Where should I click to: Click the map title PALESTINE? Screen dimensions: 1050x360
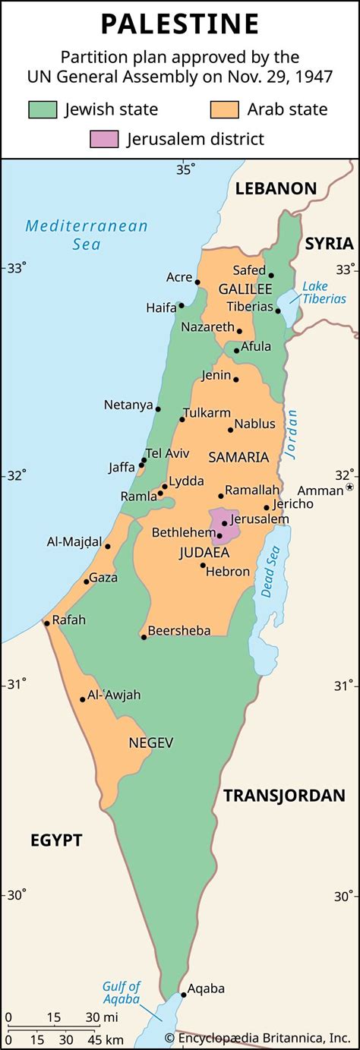click(x=180, y=24)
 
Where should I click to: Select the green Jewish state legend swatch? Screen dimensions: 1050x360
click(x=43, y=109)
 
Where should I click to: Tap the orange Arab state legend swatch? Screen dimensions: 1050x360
click(x=226, y=109)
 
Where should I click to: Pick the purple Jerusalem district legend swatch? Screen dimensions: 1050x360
click(x=104, y=139)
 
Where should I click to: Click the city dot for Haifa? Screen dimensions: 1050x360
click(x=182, y=306)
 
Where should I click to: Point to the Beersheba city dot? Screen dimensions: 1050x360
click(x=144, y=637)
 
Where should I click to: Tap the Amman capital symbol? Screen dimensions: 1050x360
click(x=350, y=487)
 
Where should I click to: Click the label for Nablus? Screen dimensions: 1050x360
click(x=254, y=424)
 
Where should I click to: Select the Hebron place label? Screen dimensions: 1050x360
click(x=229, y=571)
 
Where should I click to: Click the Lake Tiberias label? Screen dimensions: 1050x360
click(x=324, y=292)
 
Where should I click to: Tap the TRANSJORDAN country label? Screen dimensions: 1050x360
click(x=284, y=795)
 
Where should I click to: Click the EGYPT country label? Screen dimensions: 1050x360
click(x=56, y=840)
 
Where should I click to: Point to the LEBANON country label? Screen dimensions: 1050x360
click(x=275, y=188)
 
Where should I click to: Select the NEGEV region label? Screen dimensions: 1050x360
click(x=151, y=742)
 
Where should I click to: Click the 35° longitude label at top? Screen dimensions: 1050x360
click(x=186, y=169)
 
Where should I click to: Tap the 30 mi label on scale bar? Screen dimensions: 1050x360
click(x=96, y=1017)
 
